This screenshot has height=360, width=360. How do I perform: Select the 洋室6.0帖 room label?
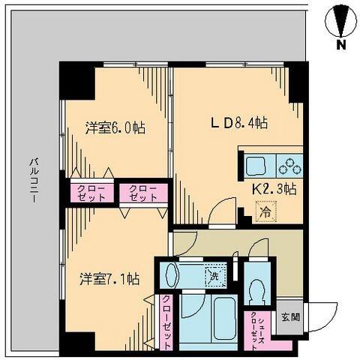[x=114, y=127]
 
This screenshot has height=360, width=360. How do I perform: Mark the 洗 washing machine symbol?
[x=215, y=274]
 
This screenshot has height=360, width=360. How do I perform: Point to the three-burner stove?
[x=288, y=165]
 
